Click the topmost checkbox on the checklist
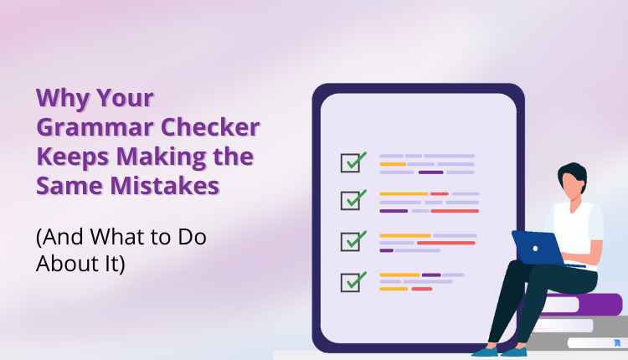pos(351,161)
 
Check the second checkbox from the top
pos(351,201)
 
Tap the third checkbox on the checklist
pos(351,241)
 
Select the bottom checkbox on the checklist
pos(351,281)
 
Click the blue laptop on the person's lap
pos(536,247)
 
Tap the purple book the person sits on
pos(586,303)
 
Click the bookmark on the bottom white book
pos(617,342)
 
